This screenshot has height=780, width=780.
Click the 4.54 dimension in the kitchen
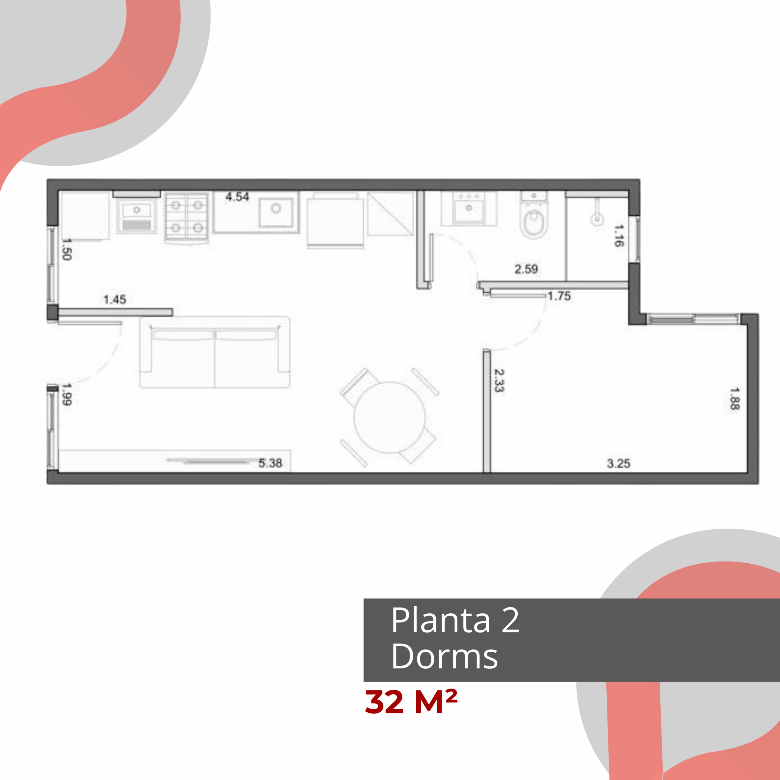(237, 197)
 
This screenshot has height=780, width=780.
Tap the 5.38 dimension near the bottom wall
(270, 463)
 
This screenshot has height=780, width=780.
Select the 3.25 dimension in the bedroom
(619, 463)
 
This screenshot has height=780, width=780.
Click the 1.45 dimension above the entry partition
(115, 300)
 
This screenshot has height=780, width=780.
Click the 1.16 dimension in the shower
(619, 236)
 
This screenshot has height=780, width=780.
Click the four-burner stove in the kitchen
(187, 217)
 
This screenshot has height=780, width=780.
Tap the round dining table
(390, 417)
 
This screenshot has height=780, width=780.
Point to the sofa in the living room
(215, 352)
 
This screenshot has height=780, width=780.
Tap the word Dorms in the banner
(445, 657)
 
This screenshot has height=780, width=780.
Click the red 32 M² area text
(411, 702)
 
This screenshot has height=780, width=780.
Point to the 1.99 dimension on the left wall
(67, 394)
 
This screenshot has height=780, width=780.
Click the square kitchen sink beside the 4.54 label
(276, 212)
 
